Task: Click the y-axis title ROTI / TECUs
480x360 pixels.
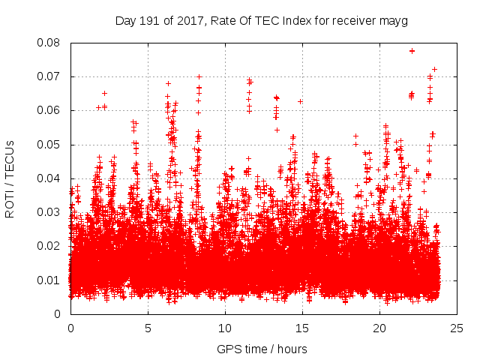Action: click(10, 178)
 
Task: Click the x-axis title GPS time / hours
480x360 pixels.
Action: click(262, 349)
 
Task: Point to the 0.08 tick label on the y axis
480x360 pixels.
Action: click(49, 43)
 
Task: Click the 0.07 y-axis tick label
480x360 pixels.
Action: click(49, 76)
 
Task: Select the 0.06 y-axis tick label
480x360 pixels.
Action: click(49, 110)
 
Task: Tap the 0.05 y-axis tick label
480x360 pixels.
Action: click(49, 144)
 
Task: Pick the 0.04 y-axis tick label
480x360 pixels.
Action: click(49, 178)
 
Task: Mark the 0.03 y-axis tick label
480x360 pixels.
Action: click(49, 212)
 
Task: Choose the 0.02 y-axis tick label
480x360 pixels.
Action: click(49, 246)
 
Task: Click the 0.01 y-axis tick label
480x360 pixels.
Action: click(49, 280)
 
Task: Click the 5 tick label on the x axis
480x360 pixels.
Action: click(148, 328)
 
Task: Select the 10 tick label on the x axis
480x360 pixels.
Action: click(225, 328)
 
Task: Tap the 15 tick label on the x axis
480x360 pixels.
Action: click(302, 328)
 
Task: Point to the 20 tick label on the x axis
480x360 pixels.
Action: click(379, 328)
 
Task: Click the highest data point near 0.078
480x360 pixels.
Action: click(412, 51)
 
